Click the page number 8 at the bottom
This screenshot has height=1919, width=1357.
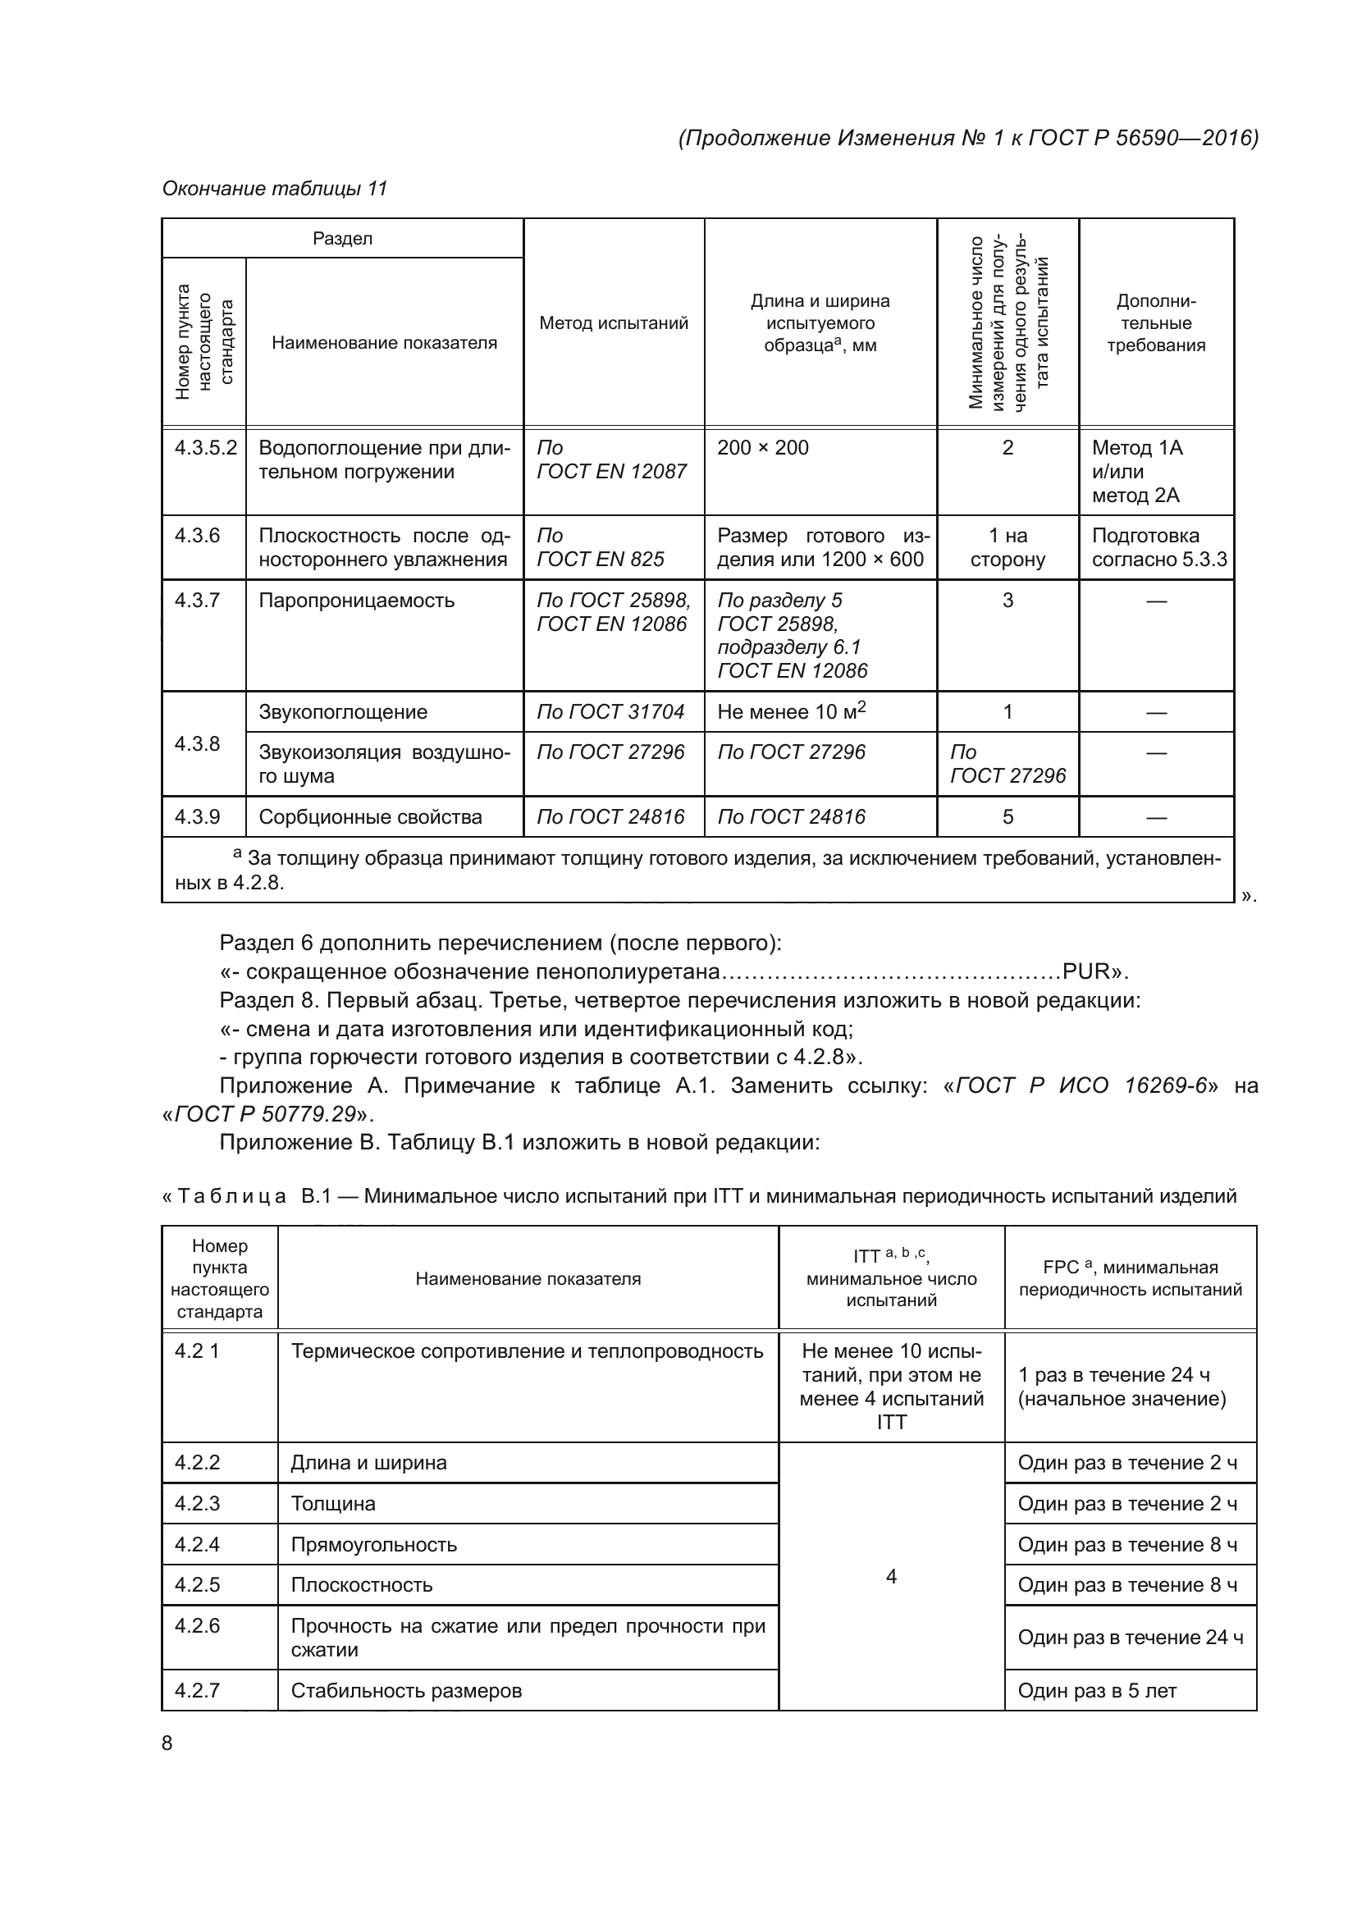(167, 1742)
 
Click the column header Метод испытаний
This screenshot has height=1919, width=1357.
(614, 323)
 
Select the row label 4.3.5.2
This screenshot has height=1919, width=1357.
(205, 448)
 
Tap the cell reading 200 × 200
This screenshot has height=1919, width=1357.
(762, 448)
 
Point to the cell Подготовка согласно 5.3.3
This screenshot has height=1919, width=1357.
(1158, 547)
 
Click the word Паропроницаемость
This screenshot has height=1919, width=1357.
(356, 600)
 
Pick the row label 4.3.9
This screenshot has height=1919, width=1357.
(197, 816)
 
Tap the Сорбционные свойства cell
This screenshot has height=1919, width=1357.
(370, 816)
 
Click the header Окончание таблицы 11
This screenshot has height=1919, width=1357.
(275, 189)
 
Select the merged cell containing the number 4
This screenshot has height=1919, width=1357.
(891, 1576)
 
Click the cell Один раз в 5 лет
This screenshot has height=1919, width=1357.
(1096, 1691)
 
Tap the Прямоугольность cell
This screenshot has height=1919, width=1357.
(373, 1545)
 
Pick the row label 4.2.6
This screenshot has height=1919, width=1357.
(197, 1625)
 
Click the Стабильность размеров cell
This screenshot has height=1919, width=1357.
(406, 1691)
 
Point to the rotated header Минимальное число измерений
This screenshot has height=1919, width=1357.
(1007, 322)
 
